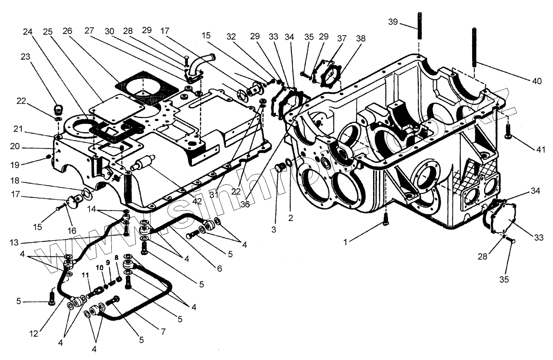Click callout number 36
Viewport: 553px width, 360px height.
pyautogui.click(x=245, y=204)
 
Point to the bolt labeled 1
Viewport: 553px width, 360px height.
pyautogui.click(x=385, y=219)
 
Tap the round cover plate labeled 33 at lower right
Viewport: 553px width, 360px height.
pyautogui.click(x=502, y=217)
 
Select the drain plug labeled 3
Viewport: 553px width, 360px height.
pyautogui.click(x=279, y=168)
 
